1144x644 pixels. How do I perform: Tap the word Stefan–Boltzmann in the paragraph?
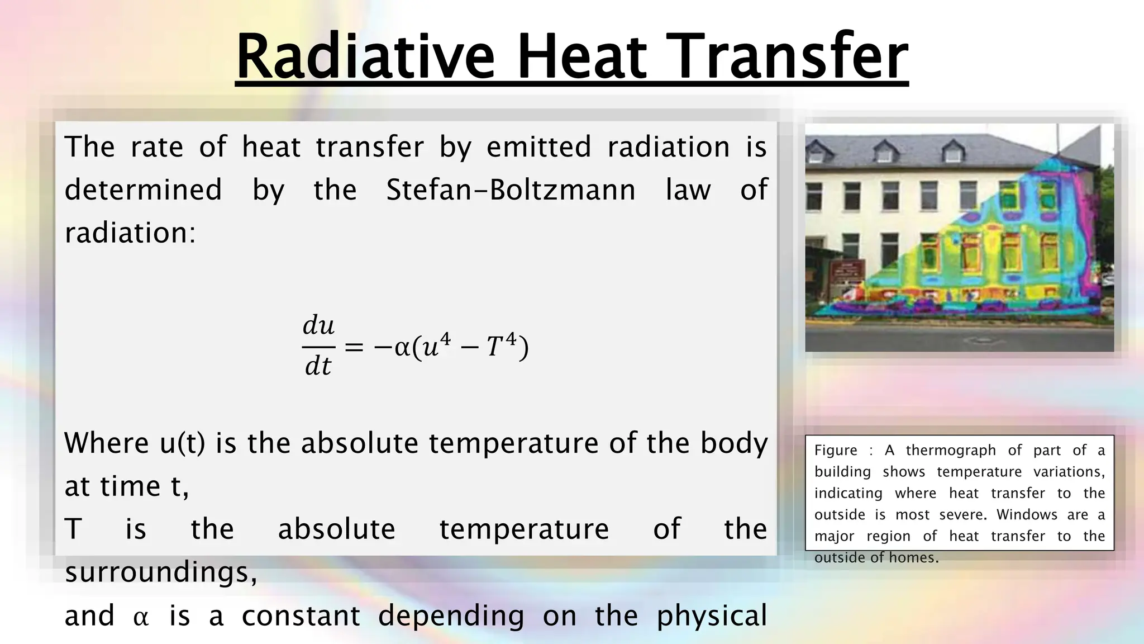point(511,190)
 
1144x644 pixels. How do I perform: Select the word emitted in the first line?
point(538,148)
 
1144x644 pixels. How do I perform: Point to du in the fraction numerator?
point(318,325)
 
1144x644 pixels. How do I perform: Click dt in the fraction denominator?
point(318,367)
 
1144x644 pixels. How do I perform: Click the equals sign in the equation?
point(354,348)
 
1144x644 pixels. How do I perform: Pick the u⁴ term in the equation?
point(436,346)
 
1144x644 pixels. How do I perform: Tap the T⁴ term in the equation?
point(500,346)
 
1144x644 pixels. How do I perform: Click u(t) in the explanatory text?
point(182,443)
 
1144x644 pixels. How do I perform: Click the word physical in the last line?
point(711,616)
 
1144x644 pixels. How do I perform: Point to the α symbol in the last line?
point(141,618)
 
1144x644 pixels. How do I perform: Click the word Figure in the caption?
point(835,451)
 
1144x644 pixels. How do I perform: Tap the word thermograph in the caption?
point(951,451)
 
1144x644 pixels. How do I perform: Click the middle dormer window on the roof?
point(883,151)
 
